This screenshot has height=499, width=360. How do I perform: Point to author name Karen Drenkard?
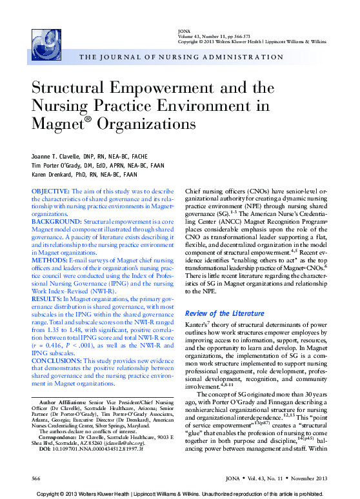coord(54,174)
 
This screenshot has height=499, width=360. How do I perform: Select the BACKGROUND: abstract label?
coord(54,220)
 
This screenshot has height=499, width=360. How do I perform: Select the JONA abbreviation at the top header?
coord(183,31)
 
